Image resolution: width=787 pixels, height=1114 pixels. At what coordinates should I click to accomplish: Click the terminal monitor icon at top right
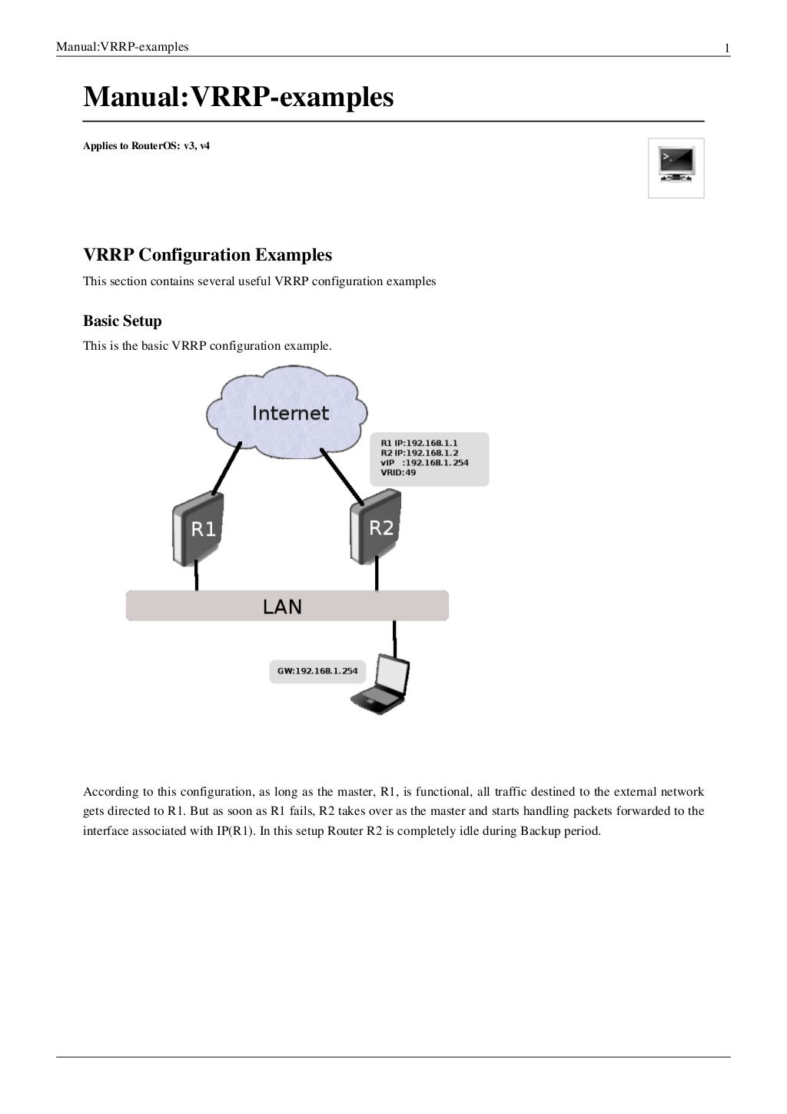point(676,168)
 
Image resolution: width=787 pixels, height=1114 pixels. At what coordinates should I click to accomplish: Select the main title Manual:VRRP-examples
point(238,98)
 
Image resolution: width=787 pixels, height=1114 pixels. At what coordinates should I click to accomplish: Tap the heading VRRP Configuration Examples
point(208,254)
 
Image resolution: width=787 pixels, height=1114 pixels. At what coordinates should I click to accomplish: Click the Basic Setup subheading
point(122,321)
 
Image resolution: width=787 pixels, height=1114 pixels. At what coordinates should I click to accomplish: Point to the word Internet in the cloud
point(291,413)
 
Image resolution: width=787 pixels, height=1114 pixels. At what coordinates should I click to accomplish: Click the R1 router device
point(198,528)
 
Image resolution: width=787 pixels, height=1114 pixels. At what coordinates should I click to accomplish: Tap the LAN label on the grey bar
point(282,607)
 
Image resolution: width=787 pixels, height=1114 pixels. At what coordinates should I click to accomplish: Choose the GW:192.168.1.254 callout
point(317,671)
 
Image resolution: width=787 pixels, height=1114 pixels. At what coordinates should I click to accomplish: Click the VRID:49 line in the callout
point(398,473)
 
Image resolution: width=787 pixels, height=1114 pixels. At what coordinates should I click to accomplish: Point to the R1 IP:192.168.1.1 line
point(419,443)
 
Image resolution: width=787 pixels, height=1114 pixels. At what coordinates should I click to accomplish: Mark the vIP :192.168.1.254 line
point(424,463)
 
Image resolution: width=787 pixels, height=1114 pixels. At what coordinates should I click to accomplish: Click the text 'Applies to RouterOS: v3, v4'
point(146,145)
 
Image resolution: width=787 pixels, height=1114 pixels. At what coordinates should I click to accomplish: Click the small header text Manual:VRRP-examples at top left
point(122,48)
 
